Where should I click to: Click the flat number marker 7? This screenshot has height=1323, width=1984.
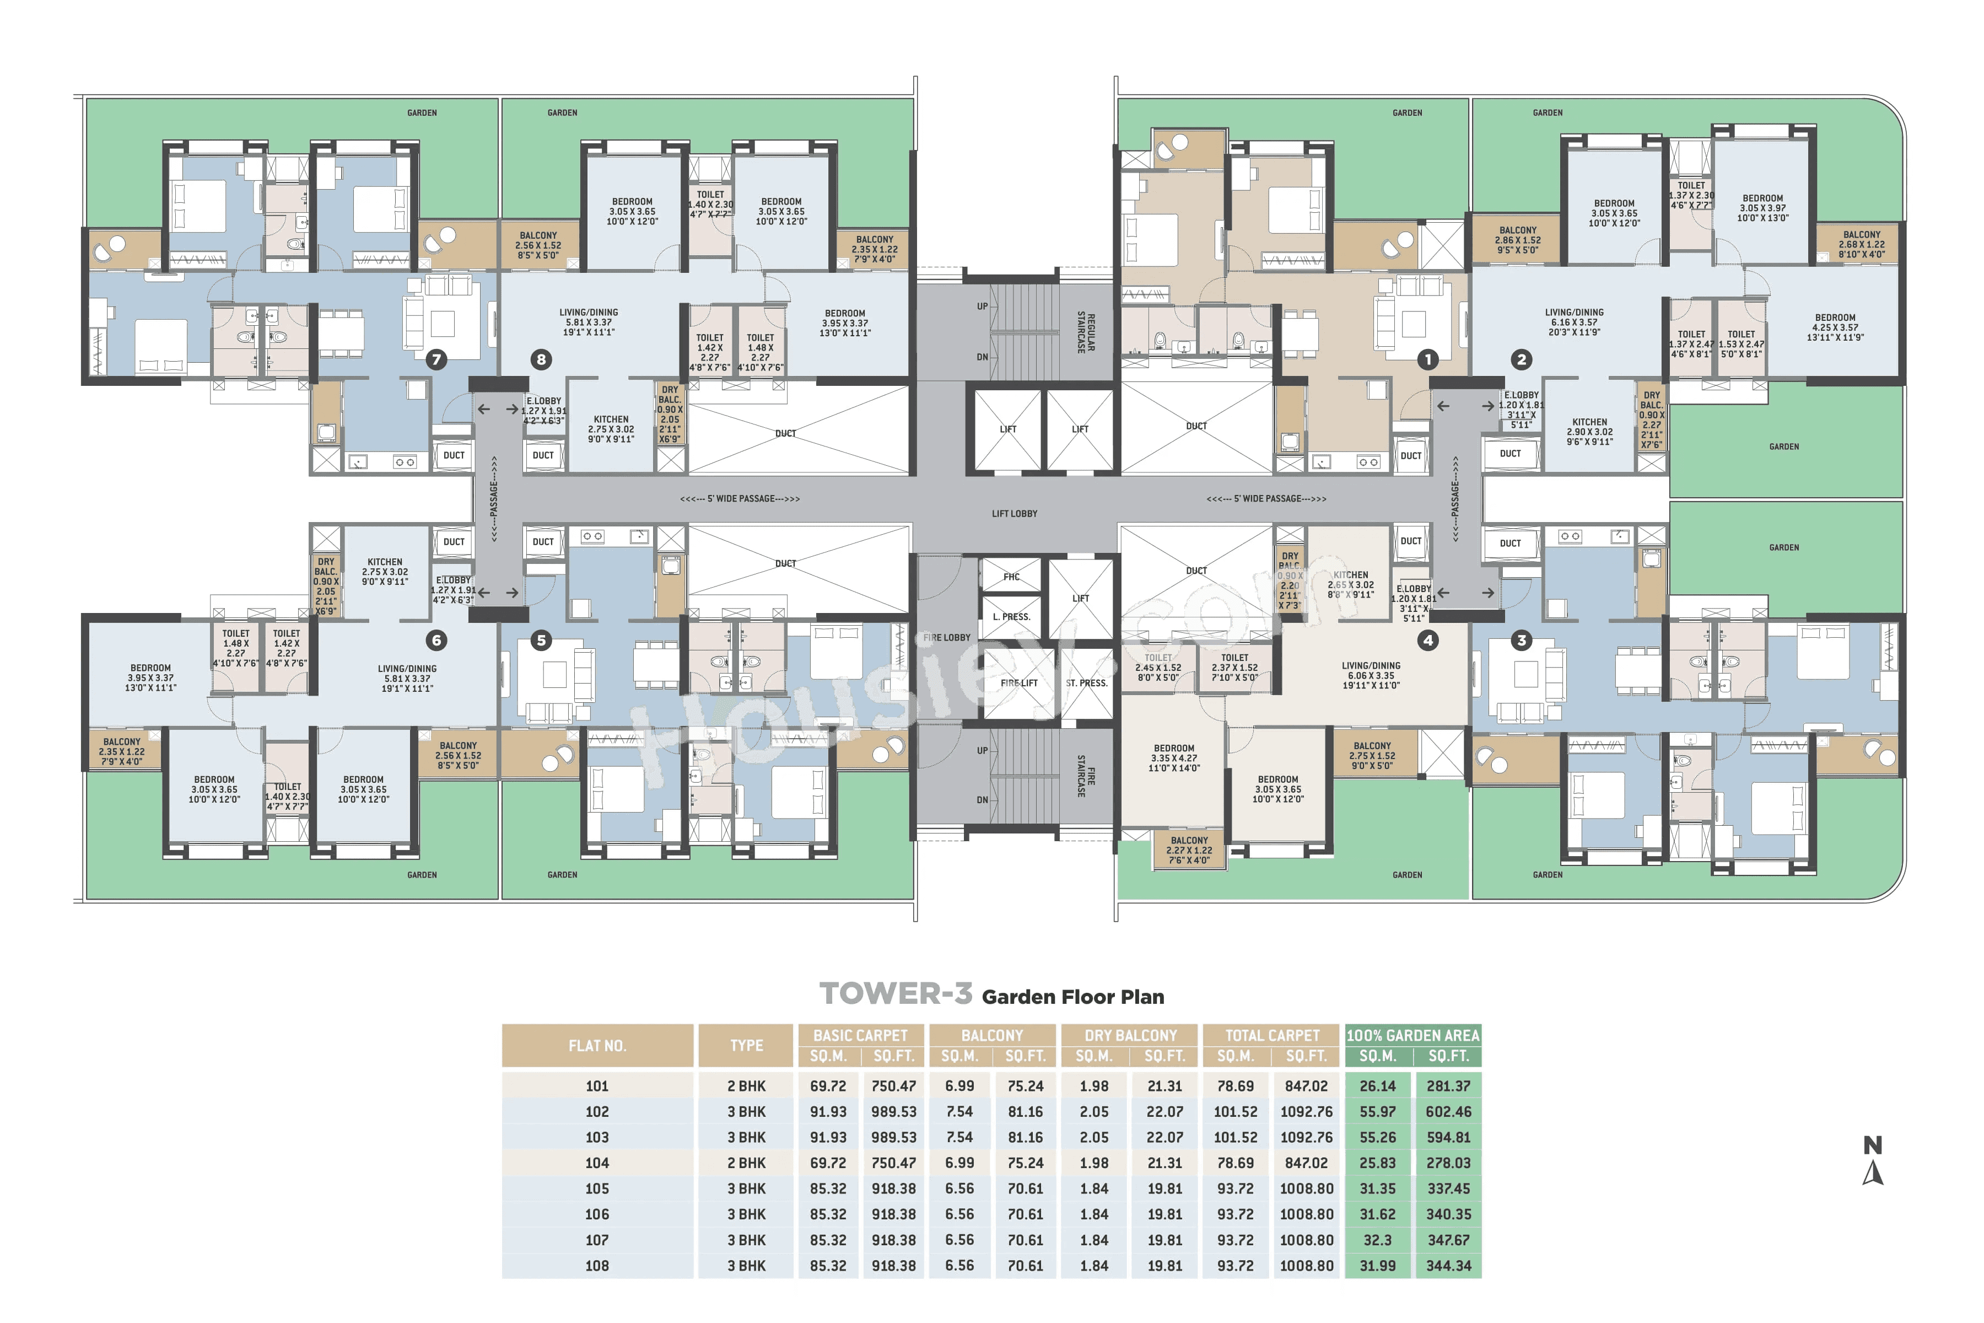pyautogui.click(x=436, y=359)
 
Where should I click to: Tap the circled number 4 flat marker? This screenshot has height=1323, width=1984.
pyautogui.click(x=1427, y=641)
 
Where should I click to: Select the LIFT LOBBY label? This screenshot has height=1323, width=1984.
pyautogui.click(x=1014, y=513)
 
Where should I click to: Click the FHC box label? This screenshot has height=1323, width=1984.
pyautogui.click(x=1011, y=577)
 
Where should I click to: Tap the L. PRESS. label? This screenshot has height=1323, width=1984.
pyautogui.click(x=1011, y=617)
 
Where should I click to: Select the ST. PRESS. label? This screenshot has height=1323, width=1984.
pyautogui.click(x=1086, y=682)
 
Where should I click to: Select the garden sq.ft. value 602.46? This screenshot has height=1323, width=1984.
pyautogui.click(x=1448, y=1112)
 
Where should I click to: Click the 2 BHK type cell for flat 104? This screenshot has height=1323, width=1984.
pyautogui.click(x=746, y=1163)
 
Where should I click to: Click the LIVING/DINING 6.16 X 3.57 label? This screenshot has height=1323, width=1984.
pyautogui.click(x=1574, y=321)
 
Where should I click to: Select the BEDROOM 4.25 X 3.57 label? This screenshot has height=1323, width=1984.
pyautogui.click(x=1835, y=327)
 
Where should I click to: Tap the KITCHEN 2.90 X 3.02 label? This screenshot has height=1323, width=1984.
pyautogui.click(x=1589, y=431)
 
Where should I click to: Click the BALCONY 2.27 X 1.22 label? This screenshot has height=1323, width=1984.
pyautogui.click(x=1189, y=849)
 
